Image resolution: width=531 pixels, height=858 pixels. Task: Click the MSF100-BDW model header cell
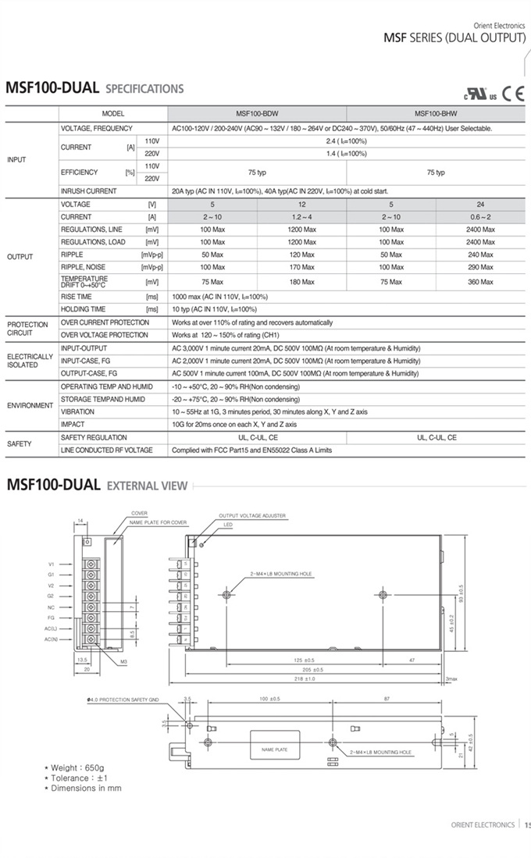[x=258, y=112]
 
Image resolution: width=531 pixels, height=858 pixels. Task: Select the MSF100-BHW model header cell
[x=436, y=112]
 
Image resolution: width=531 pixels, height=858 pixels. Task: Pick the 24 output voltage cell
[x=480, y=204]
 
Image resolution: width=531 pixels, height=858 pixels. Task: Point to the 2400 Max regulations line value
[x=480, y=230]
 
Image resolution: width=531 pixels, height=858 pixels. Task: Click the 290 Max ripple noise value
[x=480, y=267]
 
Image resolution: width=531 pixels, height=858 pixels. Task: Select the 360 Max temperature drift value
[x=480, y=282]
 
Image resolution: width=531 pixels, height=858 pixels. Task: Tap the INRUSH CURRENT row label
[x=89, y=191]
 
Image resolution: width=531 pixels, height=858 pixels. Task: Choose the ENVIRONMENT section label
[x=30, y=406]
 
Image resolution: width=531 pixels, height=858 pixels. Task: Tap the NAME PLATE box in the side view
[x=269, y=749]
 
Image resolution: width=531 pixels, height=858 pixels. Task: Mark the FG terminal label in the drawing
[x=51, y=617]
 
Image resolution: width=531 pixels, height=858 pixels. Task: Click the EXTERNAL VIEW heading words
[x=147, y=486]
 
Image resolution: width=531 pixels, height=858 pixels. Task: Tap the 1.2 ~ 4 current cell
[x=302, y=216]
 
